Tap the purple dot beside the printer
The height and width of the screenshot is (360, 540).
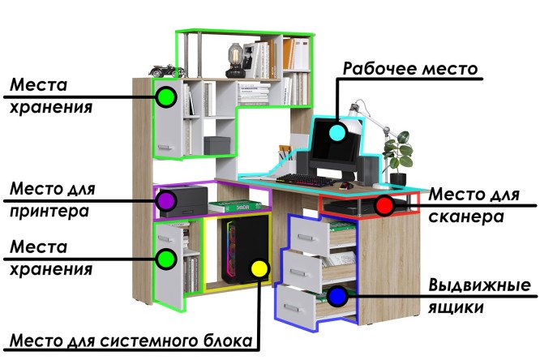pyautogui.click(x=166, y=199)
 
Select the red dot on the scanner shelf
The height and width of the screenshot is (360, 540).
pyautogui.click(x=385, y=205)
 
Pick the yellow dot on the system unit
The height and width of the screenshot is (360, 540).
pyautogui.click(x=259, y=268)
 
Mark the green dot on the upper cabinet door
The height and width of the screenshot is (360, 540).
pyautogui.click(x=166, y=98)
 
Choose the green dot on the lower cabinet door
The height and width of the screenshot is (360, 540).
pyautogui.click(x=166, y=259)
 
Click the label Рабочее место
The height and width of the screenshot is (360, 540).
pyautogui.click(x=409, y=68)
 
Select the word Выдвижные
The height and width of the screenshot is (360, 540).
pyautogui.click(x=479, y=286)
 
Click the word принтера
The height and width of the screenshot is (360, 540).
pyautogui.click(x=51, y=212)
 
